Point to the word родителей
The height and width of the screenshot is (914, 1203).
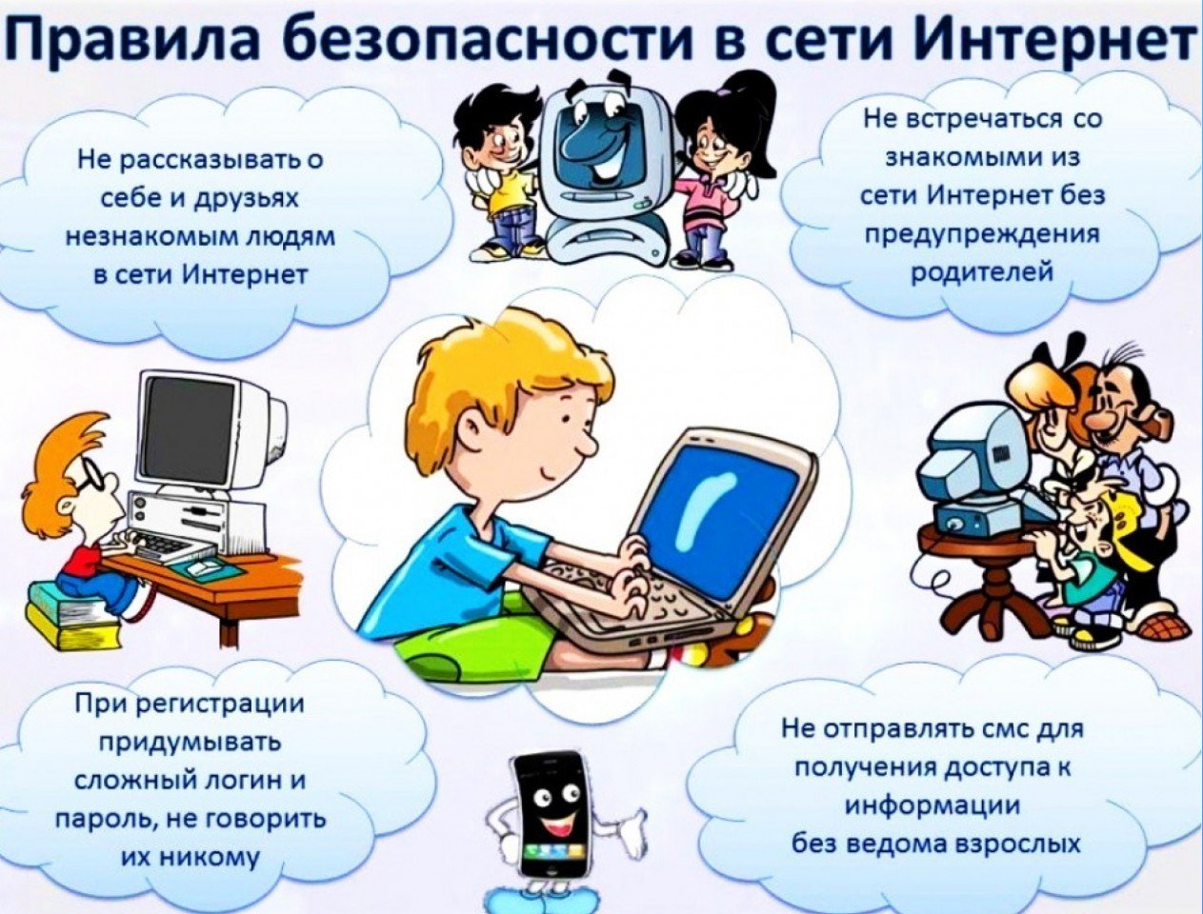coord(982,271)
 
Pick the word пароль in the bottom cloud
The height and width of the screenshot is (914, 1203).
coord(105,820)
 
